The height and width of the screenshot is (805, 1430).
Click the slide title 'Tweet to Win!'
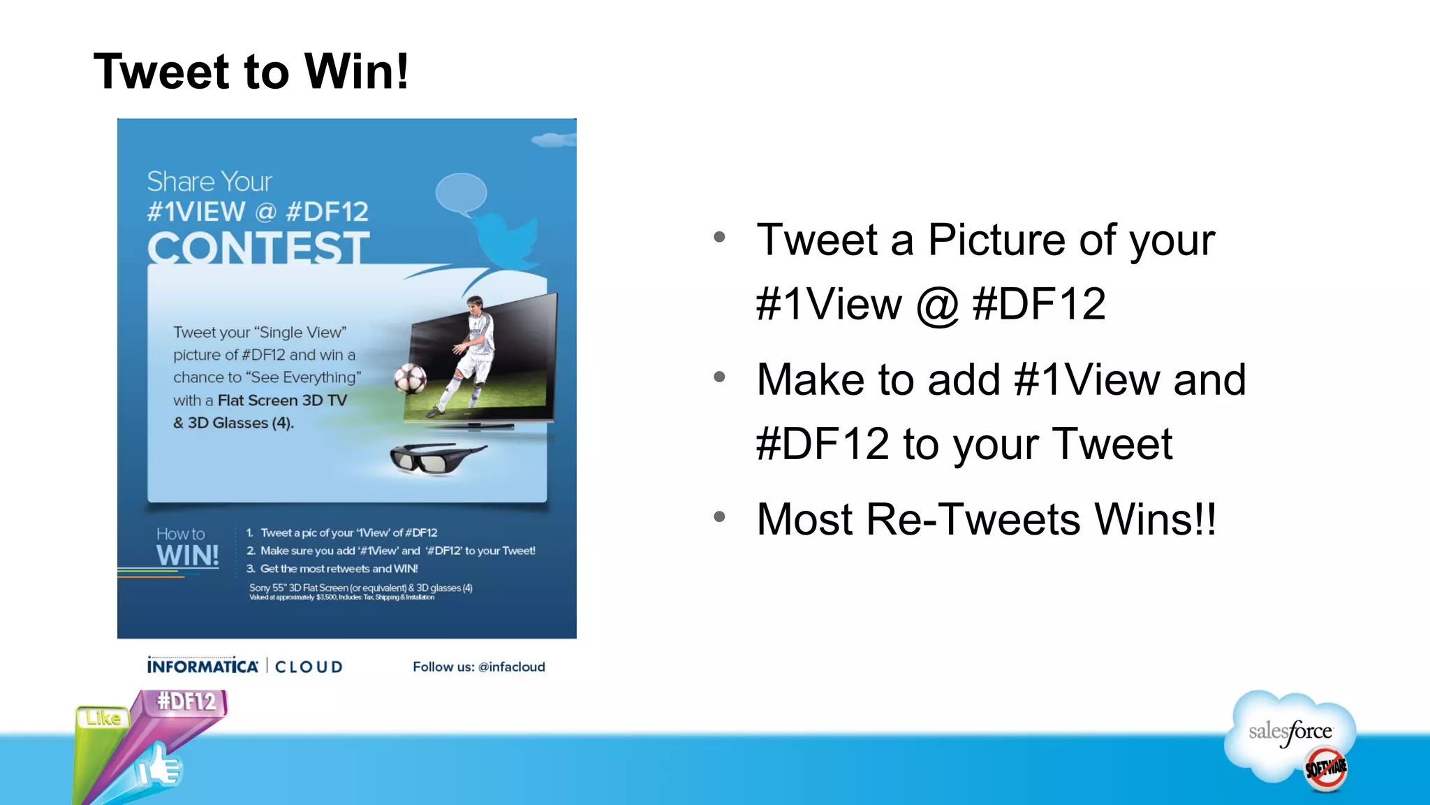tap(251, 71)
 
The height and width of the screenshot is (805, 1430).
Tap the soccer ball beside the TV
tap(410, 379)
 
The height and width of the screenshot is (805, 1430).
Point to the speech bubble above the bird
tap(461, 193)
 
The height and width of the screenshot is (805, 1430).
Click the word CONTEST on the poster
tap(258, 249)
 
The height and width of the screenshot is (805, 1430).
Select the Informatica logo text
tap(202, 666)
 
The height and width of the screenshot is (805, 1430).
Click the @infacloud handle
tap(511, 667)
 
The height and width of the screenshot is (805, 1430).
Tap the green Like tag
tap(103, 718)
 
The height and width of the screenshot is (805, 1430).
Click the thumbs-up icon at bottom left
tap(159, 767)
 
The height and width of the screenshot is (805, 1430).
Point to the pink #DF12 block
tap(186, 701)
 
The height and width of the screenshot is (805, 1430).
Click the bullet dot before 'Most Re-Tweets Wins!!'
tap(720, 517)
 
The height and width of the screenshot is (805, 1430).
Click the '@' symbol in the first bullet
tap(936, 305)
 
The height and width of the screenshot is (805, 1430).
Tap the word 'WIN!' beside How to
tap(187, 556)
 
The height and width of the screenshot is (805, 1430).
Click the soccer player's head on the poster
tap(476, 305)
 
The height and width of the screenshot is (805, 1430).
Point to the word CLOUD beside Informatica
tap(309, 667)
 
